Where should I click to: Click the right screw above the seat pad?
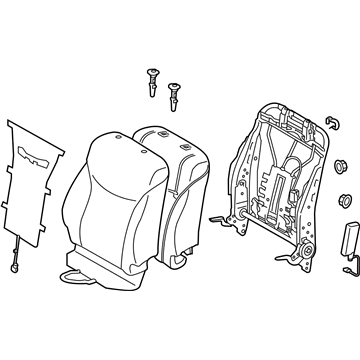click(176, 93)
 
